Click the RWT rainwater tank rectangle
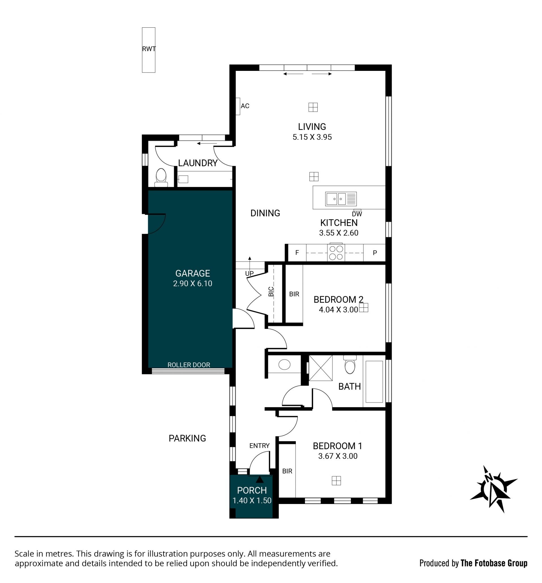coord(148,50)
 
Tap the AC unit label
coord(245,106)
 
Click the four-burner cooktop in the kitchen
coord(336,252)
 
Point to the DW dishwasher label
coord(357,214)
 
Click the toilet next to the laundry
coord(161,177)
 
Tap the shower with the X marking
coord(321,368)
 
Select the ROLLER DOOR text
coord(189,365)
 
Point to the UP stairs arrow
coord(250,263)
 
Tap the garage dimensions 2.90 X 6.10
coord(193,283)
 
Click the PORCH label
coord(252,490)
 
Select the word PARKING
coord(187,438)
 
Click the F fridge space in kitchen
coord(297,252)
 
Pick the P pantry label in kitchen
coord(375,253)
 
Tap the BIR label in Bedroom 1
coord(287,471)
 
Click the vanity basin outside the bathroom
coord(284,365)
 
